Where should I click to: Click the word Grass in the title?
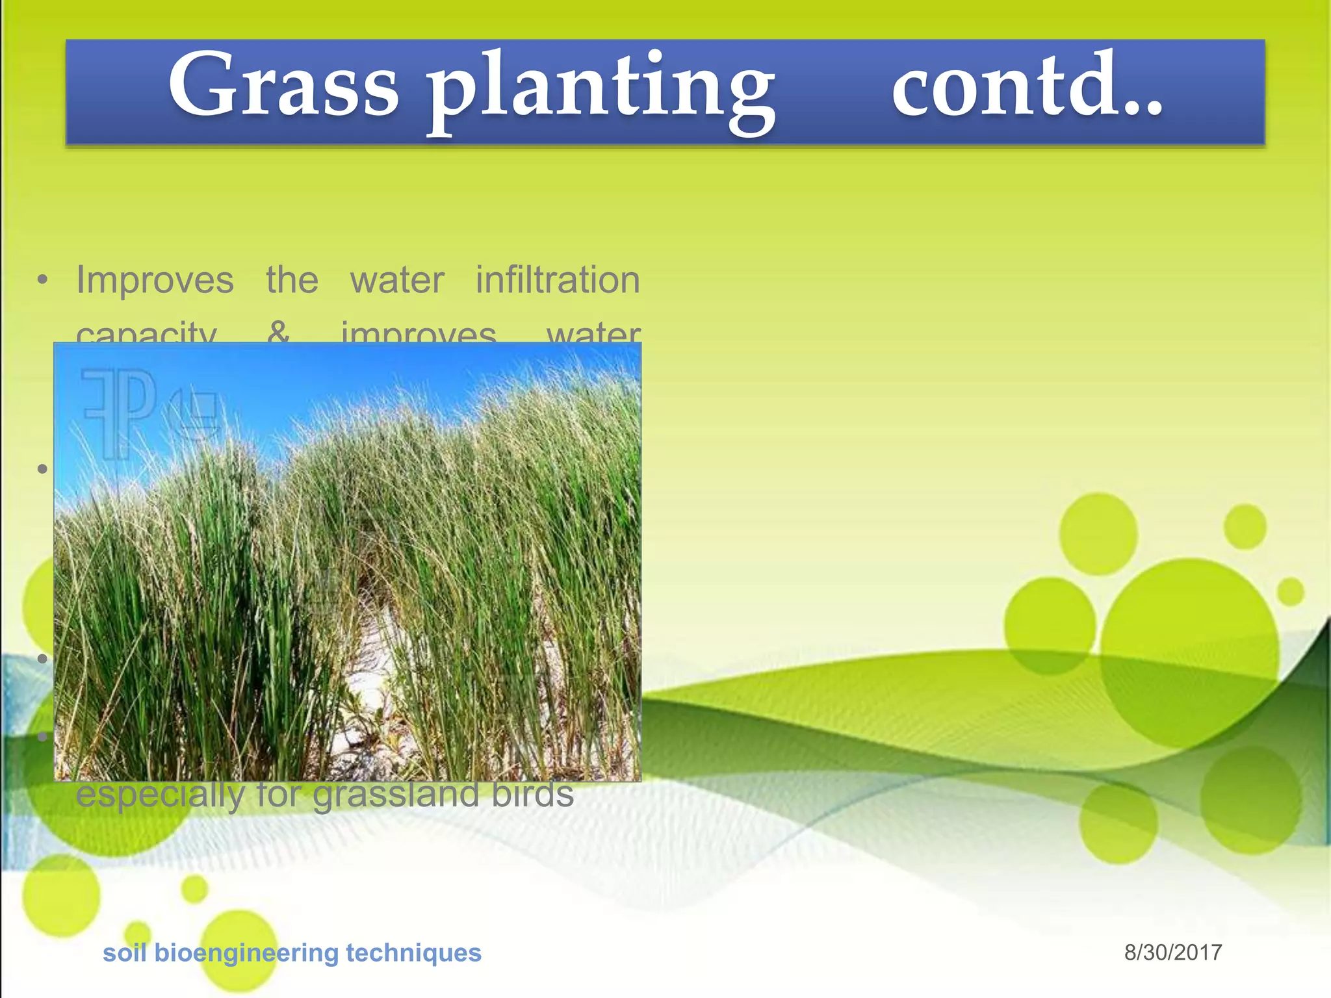(x=283, y=86)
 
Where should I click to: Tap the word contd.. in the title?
(x=1027, y=86)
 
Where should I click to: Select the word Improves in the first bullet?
(x=155, y=281)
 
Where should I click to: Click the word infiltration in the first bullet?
(x=558, y=280)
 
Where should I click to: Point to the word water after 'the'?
(x=397, y=281)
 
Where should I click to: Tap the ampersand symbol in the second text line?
(x=278, y=333)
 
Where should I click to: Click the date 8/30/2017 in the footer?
(x=1172, y=953)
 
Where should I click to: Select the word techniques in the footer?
(x=413, y=953)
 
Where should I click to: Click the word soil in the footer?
(x=124, y=953)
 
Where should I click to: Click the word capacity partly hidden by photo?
(x=146, y=334)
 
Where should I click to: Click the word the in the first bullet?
(x=292, y=281)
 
